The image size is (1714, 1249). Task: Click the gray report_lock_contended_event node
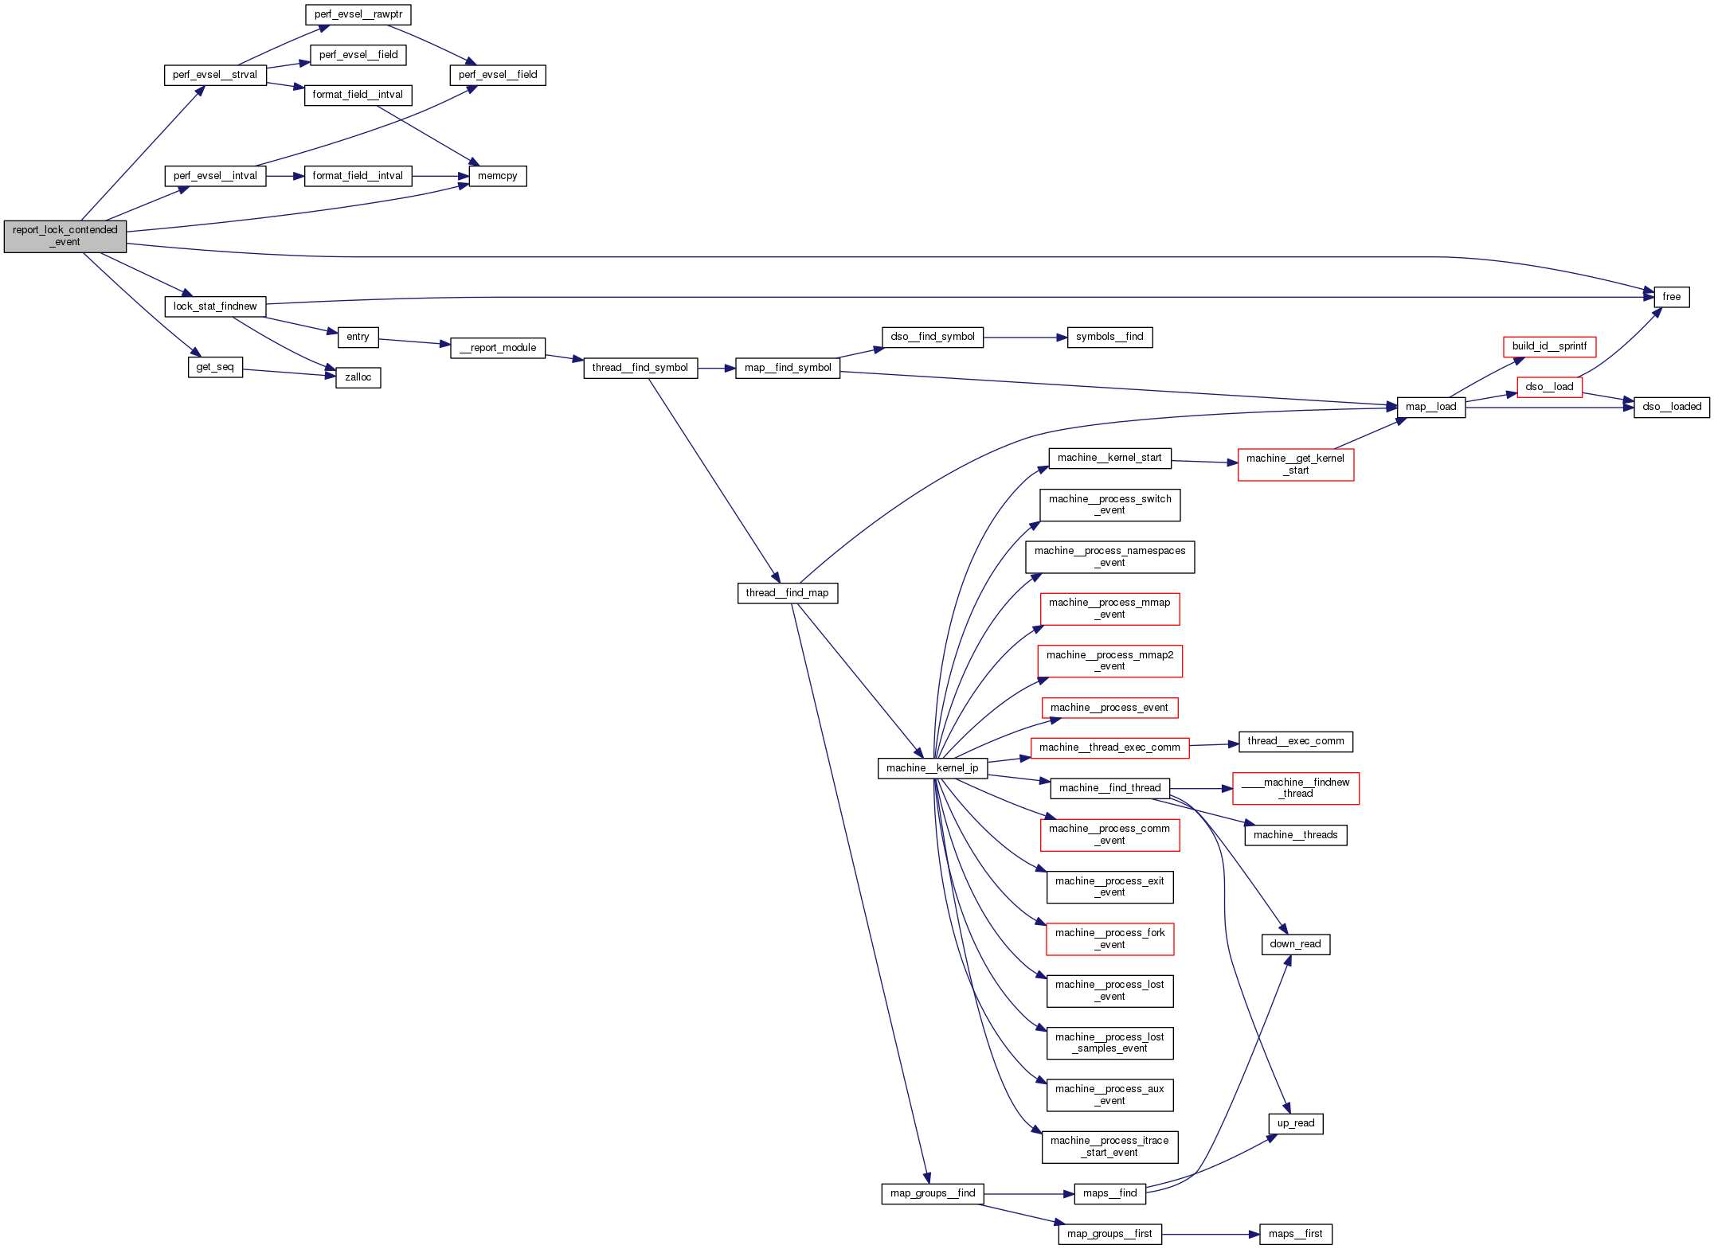click(65, 236)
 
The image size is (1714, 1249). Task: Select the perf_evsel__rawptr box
click(358, 14)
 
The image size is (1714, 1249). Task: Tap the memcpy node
click(497, 176)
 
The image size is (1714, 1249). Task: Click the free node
click(1671, 297)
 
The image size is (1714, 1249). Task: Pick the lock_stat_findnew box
click(215, 306)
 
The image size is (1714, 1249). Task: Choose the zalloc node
click(358, 377)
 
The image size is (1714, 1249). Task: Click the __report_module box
click(498, 348)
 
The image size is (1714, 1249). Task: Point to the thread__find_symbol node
click(640, 368)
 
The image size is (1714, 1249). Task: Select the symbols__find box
click(1109, 337)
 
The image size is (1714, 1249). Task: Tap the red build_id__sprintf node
click(1548, 346)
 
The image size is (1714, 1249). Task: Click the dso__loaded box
click(1671, 407)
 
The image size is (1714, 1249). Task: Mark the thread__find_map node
click(787, 593)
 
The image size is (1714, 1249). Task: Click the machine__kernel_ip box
click(932, 768)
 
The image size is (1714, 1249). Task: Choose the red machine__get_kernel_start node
click(1295, 464)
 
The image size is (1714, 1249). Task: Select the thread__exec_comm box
click(1295, 741)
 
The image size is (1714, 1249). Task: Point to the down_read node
click(1295, 944)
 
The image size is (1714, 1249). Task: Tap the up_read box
click(1295, 1123)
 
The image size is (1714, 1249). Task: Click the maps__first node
click(1295, 1234)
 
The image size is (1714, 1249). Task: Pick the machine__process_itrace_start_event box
click(1109, 1146)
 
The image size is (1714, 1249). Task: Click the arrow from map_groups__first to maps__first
click(1211, 1234)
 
